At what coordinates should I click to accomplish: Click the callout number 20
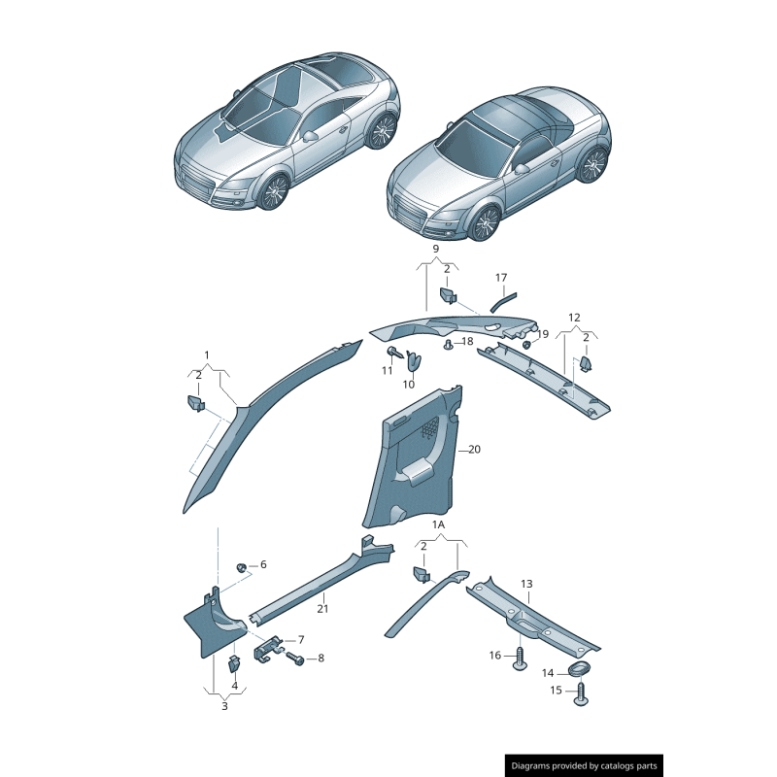474,450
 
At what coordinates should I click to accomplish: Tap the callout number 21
322,609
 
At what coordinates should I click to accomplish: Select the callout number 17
501,278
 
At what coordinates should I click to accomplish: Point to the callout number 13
526,584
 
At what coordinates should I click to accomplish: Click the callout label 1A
439,524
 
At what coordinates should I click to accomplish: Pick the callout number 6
263,564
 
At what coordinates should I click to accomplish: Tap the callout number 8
321,659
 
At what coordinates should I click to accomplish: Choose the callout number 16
495,655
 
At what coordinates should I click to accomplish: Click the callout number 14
548,673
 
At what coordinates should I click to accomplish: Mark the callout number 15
556,691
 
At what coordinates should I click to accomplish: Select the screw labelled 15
581,693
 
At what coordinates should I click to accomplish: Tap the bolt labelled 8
295,659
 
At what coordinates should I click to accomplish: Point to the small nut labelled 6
242,566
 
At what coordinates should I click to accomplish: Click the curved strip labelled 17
502,302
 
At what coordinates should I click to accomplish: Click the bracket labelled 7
268,649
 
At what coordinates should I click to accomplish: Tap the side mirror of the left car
310,136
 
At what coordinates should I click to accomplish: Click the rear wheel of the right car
593,164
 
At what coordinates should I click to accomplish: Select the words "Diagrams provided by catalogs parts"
584,766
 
